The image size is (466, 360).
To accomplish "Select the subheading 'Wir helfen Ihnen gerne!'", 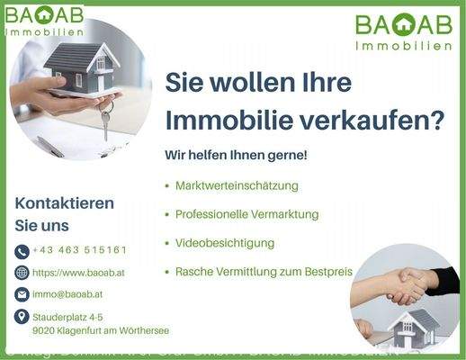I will click(x=236, y=155).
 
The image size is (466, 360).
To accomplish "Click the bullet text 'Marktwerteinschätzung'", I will click(x=237, y=185).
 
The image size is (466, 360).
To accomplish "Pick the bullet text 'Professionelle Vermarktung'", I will click(x=246, y=214).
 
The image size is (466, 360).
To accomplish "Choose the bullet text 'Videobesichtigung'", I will click(x=224, y=243).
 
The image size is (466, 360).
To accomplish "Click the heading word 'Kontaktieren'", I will click(x=65, y=203).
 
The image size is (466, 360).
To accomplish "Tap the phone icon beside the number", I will click(x=22, y=251).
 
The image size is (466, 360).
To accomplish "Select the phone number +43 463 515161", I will click(x=79, y=250).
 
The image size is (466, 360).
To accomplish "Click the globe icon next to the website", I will click(x=22, y=273).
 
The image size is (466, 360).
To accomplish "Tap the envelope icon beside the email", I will click(x=22, y=294).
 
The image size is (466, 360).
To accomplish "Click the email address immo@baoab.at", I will click(x=67, y=293).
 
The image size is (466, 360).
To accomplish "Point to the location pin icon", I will click(x=22, y=317).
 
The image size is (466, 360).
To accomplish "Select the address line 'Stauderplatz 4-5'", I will click(x=67, y=317).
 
